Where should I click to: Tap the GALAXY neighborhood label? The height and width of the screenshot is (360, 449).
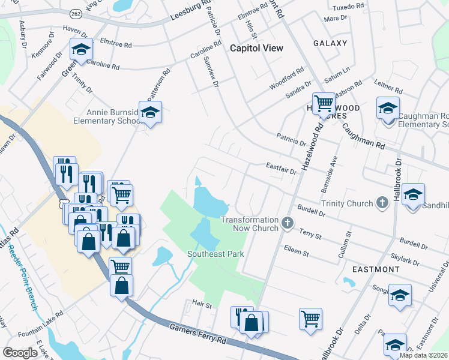pos(330,43)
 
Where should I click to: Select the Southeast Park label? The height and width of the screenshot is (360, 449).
pos(215,254)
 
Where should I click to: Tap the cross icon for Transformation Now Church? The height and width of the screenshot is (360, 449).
pos(288,224)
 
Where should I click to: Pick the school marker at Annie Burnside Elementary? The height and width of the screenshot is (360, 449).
pos(150,112)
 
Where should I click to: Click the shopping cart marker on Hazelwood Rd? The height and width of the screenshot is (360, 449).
pos(324,104)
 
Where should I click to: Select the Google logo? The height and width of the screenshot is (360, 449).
pos(20,353)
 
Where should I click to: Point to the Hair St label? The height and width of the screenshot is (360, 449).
pos(202,305)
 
